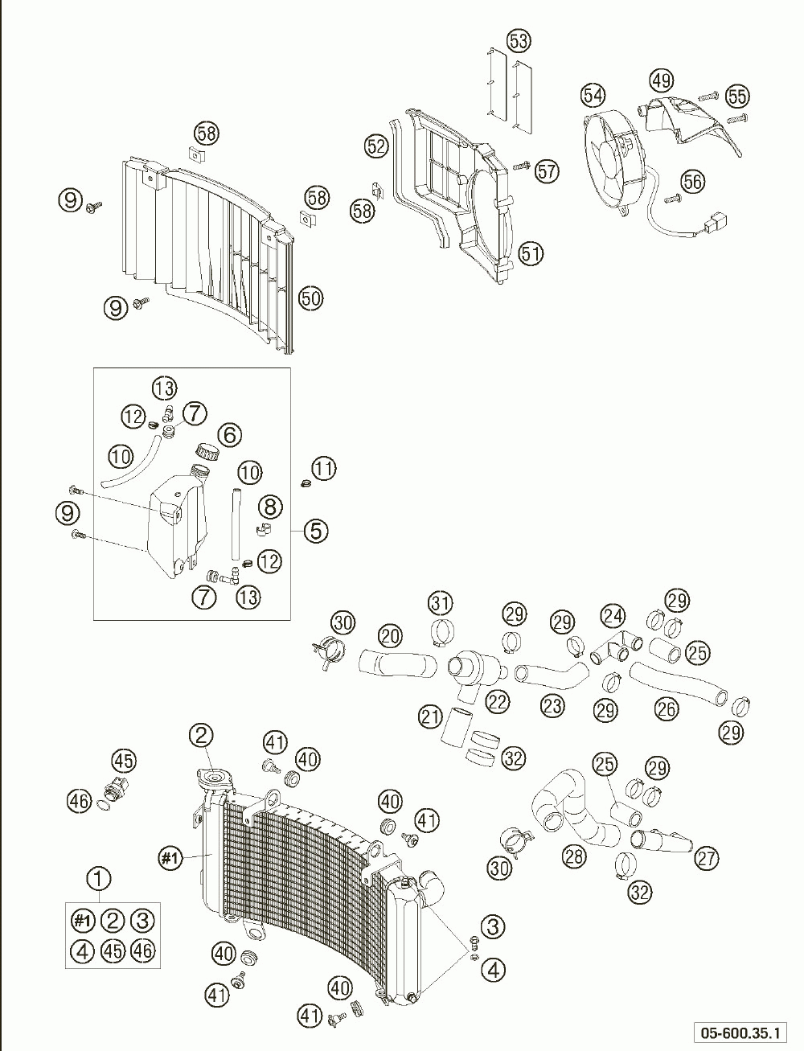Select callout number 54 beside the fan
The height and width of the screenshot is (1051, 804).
pyautogui.click(x=593, y=96)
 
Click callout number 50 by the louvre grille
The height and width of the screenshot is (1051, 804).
pyautogui.click(x=310, y=298)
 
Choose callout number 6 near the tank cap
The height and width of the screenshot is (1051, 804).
pyautogui.click(x=230, y=435)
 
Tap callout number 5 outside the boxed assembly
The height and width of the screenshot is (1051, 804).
pyautogui.click(x=315, y=530)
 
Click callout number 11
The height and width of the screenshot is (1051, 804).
pyautogui.click(x=324, y=468)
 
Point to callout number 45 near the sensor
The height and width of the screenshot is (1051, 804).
pyautogui.click(x=124, y=760)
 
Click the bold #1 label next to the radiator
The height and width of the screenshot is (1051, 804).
pyautogui.click(x=169, y=859)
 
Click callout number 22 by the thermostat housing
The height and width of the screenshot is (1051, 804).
pyautogui.click(x=498, y=701)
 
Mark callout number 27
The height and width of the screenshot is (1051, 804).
pyautogui.click(x=707, y=858)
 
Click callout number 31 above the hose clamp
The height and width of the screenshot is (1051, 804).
pyautogui.click(x=440, y=602)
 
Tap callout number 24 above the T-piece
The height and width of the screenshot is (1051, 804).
pyautogui.click(x=613, y=617)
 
